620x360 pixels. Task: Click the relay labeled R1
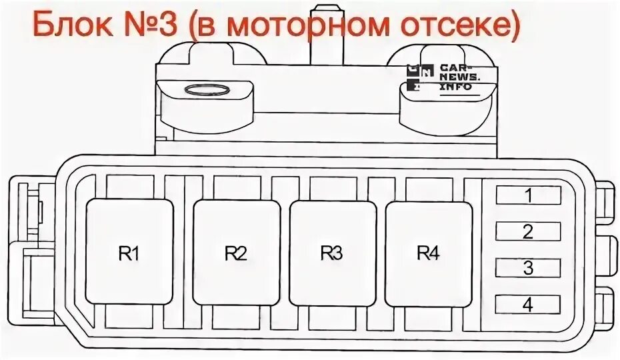point(130,252)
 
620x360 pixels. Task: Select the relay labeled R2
point(236,252)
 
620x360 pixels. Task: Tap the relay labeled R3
point(332,252)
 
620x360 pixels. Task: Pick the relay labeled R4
point(428,252)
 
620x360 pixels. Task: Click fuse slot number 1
point(528,195)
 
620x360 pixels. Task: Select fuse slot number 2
point(528,231)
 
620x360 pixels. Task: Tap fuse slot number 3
point(528,268)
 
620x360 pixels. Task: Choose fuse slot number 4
point(528,305)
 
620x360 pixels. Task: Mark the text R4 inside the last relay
point(428,253)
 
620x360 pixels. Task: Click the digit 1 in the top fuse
point(528,195)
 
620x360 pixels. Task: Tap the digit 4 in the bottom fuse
point(528,305)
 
